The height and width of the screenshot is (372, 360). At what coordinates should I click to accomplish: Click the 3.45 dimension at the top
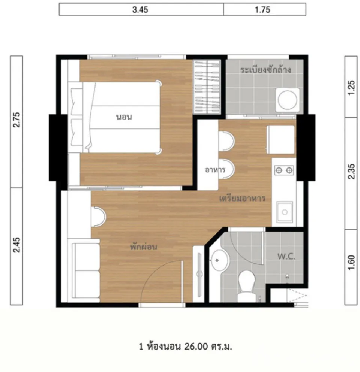140,10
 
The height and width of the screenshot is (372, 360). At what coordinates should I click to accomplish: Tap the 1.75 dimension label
262,10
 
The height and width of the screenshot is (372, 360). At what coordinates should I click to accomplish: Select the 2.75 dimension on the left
16,120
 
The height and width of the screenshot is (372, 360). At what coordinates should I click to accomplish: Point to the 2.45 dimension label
16,245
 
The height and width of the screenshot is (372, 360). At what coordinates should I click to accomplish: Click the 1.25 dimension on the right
351,88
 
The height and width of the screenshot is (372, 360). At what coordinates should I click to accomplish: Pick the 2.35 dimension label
351,171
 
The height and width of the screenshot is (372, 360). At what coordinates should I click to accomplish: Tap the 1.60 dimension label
351,262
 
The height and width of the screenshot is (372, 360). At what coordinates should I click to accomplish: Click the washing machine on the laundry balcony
288,100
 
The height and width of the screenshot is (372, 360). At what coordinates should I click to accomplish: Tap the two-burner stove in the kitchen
284,170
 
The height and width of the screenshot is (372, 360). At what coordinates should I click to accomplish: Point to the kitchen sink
285,212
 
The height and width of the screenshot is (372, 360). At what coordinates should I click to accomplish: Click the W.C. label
286,256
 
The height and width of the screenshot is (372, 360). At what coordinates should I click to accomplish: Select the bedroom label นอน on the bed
124,117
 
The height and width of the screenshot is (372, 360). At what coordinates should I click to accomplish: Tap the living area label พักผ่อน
143,247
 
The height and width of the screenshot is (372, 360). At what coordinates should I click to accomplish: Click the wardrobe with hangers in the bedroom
207,87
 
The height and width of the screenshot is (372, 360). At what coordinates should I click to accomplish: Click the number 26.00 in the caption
196,347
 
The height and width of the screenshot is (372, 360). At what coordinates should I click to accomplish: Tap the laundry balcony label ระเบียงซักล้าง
265,70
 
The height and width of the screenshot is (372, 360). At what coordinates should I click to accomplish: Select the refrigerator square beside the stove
280,140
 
